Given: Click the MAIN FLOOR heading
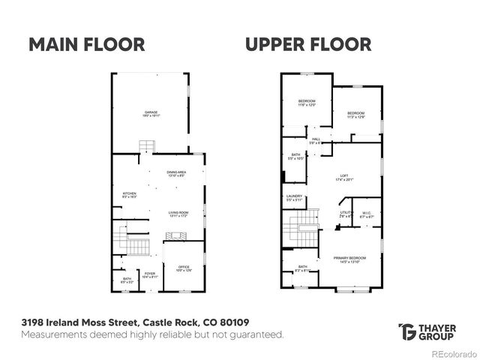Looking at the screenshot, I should point(86,44).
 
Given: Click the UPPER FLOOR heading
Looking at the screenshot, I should point(307,44).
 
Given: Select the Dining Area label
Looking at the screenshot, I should point(176,174).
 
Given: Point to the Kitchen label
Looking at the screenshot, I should point(130,194).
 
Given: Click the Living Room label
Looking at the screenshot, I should point(178,214).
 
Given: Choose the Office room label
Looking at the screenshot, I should point(183,268).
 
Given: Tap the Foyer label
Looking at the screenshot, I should point(150,274).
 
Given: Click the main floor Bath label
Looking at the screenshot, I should point(127,280).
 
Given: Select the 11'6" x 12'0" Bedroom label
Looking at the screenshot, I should point(307,103).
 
